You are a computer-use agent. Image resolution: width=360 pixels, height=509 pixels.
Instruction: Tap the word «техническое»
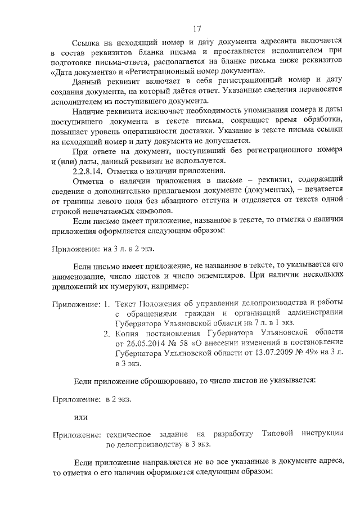click(x=129, y=434)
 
